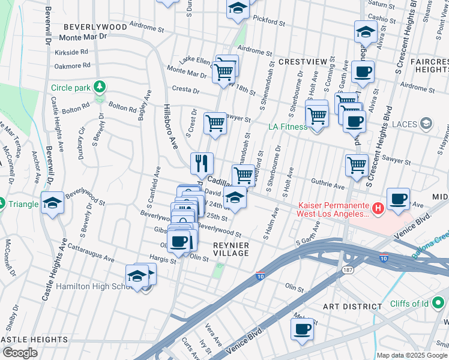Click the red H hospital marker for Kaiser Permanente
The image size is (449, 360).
[x=378, y=209]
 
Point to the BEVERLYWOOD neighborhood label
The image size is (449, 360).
[x=95, y=27]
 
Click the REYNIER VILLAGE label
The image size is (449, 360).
[x=231, y=249]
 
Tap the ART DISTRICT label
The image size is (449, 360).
[x=352, y=306]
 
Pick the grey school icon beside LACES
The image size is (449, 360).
[x=427, y=124]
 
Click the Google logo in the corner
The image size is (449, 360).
[x=20, y=353]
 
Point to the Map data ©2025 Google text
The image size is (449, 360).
[x=412, y=355]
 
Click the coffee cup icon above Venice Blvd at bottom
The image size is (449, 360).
[x=302, y=329]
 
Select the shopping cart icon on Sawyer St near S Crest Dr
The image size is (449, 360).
[x=215, y=124]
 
